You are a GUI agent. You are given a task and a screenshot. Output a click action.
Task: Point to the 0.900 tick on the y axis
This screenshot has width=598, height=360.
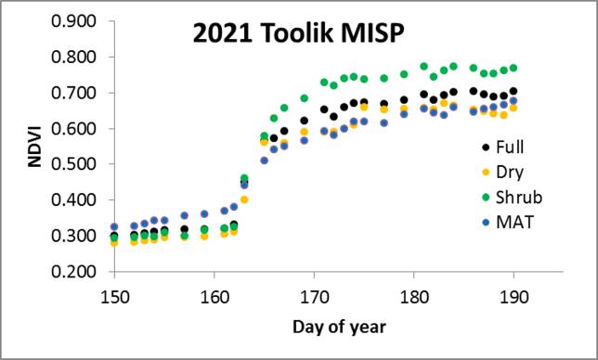79,21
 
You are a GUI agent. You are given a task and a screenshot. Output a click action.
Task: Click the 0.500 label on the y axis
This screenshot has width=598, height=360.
79,164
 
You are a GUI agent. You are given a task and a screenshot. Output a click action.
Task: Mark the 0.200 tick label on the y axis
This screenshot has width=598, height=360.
79,272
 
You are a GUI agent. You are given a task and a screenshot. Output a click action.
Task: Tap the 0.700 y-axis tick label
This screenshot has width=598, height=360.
79,93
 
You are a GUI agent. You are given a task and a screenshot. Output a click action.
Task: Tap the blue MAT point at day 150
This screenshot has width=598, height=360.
114,226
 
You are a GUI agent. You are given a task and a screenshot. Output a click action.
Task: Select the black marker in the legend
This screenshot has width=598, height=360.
487,148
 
